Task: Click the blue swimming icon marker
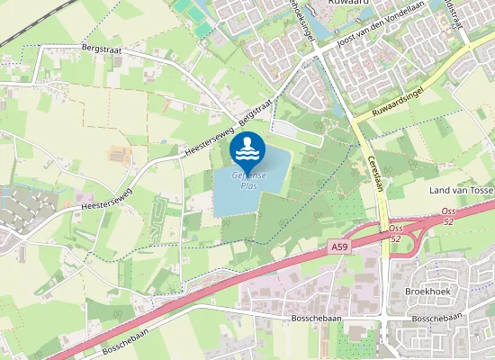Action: pos(247,147)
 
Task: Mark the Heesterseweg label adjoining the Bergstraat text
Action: pos(208,145)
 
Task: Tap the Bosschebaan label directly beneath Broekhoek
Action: pos(435,319)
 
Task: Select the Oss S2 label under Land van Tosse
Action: pos(447,217)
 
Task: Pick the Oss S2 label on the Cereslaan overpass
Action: pos(395,234)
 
